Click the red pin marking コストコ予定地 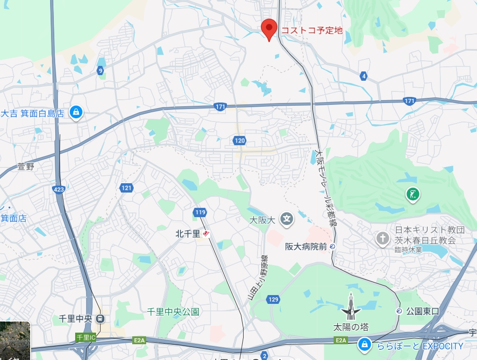pyautogui.click(x=269, y=28)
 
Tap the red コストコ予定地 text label pyautogui.click(x=311, y=31)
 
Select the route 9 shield pyautogui.click(x=100, y=71)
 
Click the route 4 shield pyautogui.click(x=363, y=76)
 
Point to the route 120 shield pyautogui.click(x=239, y=140)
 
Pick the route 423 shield pyautogui.click(x=59, y=189)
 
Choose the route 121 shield pyautogui.click(x=126, y=188)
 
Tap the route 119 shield pyautogui.click(x=200, y=212)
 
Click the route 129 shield pyautogui.click(x=273, y=300)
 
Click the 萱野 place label pyautogui.click(x=26, y=167)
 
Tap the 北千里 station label pyautogui.click(x=187, y=234)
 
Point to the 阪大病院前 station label pyautogui.click(x=306, y=247)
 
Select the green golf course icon pyautogui.click(x=411, y=194)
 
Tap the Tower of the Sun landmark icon pyautogui.click(x=351, y=308)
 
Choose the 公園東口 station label pyautogui.click(x=422, y=311)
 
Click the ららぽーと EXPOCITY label pyautogui.click(x=419, y=346)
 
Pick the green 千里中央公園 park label pyautogui.click(x=173, y=312)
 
